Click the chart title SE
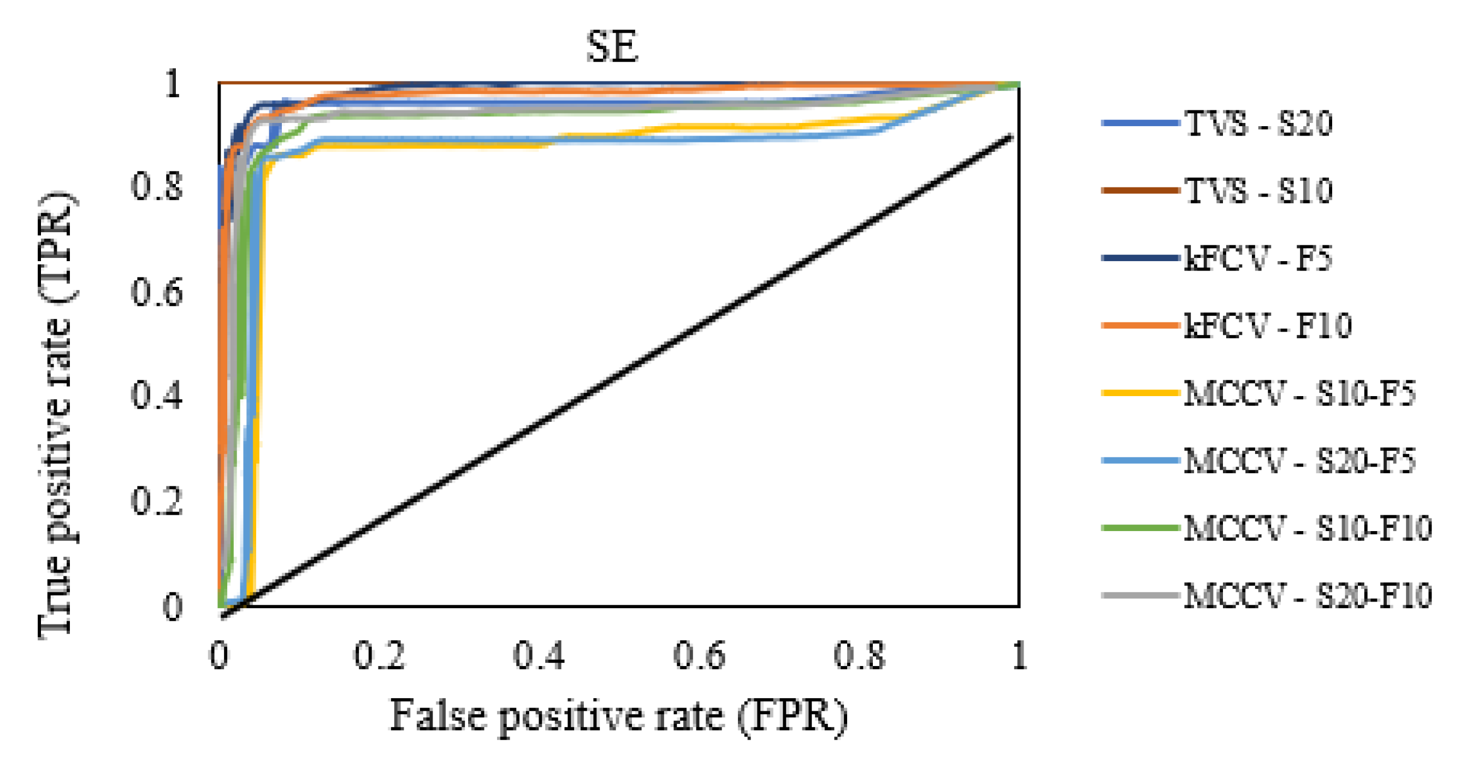click(612, 46)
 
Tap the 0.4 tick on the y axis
click(157, 395)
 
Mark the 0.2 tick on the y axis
click(157, 500)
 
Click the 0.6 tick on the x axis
click(699, 656)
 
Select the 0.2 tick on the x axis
click(379, 656)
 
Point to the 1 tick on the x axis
click(1019, 656)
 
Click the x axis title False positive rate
click(618, 716)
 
